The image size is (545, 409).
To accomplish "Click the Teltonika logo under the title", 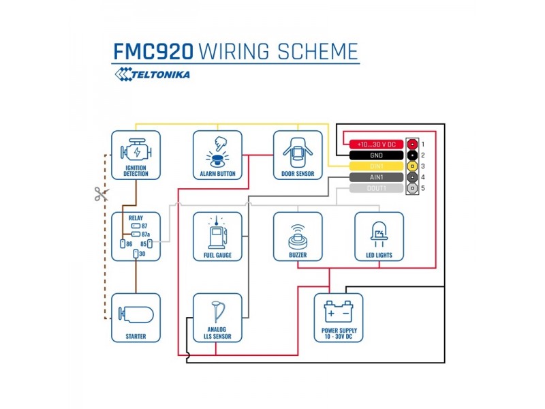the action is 152,74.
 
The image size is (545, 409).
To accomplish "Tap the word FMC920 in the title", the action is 153,52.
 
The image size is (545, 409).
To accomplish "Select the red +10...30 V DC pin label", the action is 377,145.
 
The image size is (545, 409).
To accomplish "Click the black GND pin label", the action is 377,155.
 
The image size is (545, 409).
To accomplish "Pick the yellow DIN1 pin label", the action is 377,166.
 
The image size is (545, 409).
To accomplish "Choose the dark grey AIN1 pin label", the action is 377,177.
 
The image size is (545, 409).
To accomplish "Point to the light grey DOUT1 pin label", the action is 377,188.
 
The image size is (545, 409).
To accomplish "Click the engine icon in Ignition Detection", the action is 136,150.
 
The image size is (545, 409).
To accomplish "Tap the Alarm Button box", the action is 217,155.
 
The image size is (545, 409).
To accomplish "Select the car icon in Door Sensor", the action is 298,152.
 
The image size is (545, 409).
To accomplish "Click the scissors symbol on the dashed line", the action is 102,194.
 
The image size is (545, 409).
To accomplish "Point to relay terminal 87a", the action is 136,234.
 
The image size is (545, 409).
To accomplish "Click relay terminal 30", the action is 136,254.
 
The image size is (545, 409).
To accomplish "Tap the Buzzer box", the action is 298,237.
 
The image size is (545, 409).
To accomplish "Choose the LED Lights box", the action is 379,237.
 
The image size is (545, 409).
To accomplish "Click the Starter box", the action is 136,318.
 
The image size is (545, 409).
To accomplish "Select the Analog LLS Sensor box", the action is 217,318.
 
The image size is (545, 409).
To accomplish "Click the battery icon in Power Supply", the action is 339,312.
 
